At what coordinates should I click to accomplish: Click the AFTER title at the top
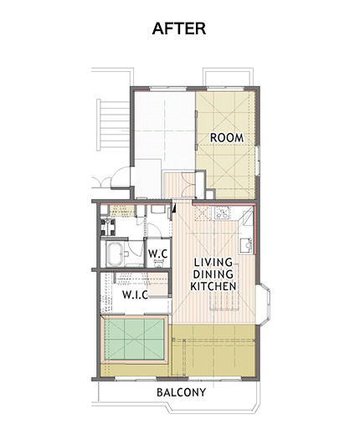point(179,28)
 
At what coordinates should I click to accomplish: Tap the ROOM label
point(227,138)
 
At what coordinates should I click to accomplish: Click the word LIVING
point(213,263)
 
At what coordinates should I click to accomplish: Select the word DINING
point(213,274)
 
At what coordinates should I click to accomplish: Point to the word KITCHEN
point(213,286)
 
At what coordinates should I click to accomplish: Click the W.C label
point(157,253)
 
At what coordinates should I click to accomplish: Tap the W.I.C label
point(135,294)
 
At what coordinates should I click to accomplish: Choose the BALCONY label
point(181,392)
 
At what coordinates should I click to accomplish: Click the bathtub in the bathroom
point(114,254)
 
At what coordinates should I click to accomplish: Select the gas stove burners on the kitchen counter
point(222,212)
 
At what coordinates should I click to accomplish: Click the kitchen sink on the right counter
point(246,246)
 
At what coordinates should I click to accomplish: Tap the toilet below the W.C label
point(158,263)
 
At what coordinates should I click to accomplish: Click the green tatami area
point(134,340)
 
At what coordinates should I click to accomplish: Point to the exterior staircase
point(113,125)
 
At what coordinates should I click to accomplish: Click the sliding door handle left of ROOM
point(197,130)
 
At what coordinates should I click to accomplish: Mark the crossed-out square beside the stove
point(203,212)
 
